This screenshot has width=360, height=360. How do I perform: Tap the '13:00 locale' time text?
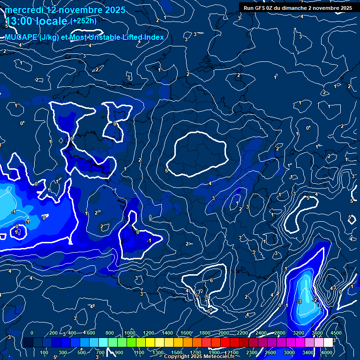(x=36, y=21)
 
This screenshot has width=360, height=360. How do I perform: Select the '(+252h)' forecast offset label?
(x=83, y=21)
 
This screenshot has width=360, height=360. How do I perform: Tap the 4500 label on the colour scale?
(x=335, y=333)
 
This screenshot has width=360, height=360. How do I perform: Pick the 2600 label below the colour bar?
(x=270, y=352)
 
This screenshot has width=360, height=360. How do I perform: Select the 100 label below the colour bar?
(x=44, y=352)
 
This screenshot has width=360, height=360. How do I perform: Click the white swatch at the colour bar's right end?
(x=328, y=343)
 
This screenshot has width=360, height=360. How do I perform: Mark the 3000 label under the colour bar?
(x=289, y=352)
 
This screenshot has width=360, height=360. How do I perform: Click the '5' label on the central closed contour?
(x=167, y=171)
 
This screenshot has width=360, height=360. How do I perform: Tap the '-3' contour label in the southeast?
(x=299, y=301)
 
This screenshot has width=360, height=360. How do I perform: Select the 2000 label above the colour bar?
(x=223, y=333)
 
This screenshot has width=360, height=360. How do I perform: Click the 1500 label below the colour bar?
(x=176, y=352)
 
